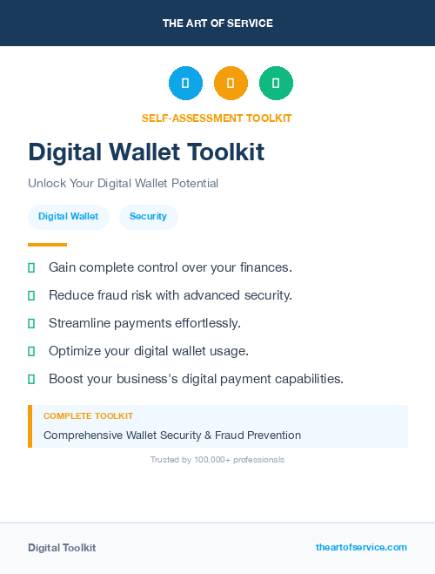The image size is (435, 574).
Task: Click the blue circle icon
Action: click(185, 84)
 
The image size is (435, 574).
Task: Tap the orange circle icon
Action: click(231, 84)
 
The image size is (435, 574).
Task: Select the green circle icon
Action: click(276, 84)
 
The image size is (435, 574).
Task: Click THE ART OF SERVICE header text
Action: click(217, 24)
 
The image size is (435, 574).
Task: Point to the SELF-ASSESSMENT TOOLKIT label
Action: click(217, 118)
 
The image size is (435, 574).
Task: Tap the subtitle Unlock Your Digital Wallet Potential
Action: click(123, 184)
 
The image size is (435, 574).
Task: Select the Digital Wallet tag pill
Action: click(68, 216)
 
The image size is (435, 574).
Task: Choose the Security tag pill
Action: click(148, 216)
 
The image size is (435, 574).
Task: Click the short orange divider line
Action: click(47, 245)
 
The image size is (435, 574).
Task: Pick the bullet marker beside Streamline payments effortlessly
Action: click(31, 323)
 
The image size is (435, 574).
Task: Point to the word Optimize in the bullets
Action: click(75, 351)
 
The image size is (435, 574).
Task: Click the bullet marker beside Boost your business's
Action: click(31, 379)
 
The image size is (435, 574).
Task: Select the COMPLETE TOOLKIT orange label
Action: click(88, 416)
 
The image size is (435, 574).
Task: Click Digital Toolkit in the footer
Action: click(62, 548)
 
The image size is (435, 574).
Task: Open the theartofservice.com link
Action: click(361, 547)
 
